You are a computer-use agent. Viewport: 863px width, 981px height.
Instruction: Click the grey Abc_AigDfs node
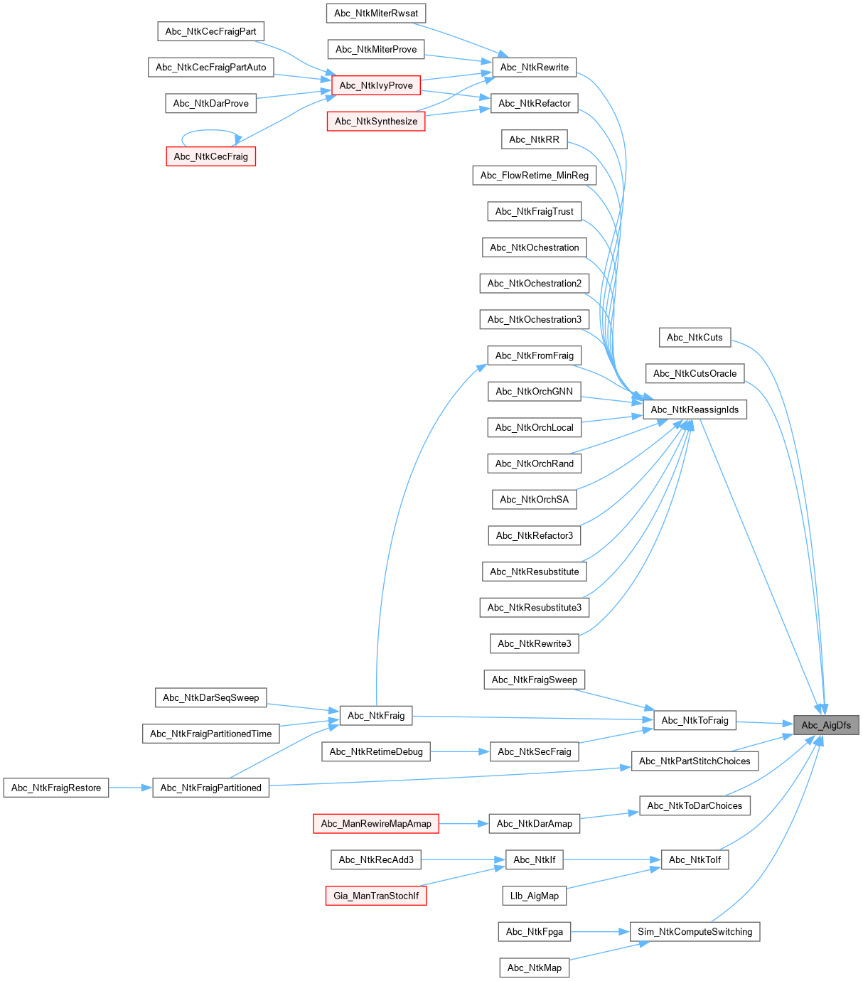826,725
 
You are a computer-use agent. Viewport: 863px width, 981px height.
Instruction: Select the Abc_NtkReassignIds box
695,409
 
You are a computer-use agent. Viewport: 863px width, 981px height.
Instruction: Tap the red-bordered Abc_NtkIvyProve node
376,85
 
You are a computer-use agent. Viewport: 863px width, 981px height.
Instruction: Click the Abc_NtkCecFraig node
211,156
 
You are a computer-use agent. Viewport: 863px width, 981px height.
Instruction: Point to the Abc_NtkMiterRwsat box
376,13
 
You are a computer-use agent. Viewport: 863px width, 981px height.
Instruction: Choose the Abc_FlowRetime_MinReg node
535,176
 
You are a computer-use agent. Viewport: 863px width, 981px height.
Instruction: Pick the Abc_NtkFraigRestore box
56,788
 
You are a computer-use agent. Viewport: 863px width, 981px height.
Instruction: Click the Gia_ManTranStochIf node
376,896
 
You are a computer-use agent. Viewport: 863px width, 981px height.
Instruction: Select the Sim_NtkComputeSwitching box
695,932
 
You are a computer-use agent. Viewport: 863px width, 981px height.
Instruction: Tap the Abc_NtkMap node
535,967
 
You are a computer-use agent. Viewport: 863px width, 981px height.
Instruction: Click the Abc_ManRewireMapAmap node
376,824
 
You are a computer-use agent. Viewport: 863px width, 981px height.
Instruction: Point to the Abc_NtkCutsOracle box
695,373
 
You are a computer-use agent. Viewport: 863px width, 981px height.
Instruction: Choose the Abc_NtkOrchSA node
535,500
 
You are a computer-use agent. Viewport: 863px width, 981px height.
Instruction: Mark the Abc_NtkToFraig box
695,720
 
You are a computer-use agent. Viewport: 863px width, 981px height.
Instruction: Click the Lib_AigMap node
535,896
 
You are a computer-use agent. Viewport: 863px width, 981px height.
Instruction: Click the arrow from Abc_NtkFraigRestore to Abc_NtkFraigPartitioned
131,788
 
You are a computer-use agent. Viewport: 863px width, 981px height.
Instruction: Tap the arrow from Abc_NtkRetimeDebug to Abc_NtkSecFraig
460,751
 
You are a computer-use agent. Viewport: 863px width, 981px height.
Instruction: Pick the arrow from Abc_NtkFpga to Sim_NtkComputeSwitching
601,932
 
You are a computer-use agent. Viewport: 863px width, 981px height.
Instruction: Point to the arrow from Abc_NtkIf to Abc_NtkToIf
611,860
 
